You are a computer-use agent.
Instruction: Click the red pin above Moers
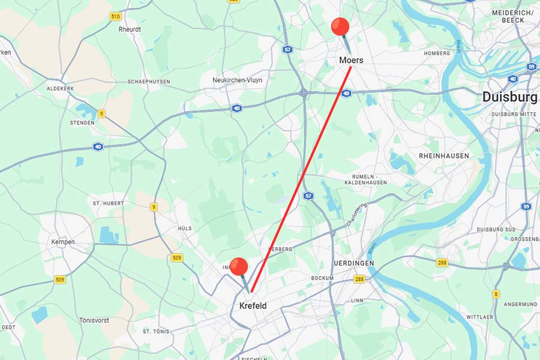pos(340,27)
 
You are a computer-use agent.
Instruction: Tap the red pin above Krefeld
pos(239,267)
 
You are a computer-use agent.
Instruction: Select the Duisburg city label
pos(509,97)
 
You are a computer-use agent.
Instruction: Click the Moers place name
pos(351,61)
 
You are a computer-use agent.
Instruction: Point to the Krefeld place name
pos(253,307)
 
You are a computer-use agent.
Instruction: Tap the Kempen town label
pos(63,242)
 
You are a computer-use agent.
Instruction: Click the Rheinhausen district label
pos(444,156)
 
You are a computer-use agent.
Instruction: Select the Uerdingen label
pos(354,263)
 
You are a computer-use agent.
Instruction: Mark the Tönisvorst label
pos(94,320)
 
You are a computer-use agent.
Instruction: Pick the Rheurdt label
pos(130,29)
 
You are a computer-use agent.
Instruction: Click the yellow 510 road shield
pos(116,16)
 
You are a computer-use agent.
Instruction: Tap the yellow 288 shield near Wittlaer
pos(442,262)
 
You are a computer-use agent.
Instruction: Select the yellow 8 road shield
pos(496,294)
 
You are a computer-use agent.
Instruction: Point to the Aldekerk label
pos(61,88)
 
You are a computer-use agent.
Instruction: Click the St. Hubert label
pos(108,203)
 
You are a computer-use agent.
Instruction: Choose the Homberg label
pos(437,53)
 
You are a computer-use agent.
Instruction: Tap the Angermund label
pos(521,304)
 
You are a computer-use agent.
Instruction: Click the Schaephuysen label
pos(149,82)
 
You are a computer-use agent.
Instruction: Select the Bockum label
pos(322,278)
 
